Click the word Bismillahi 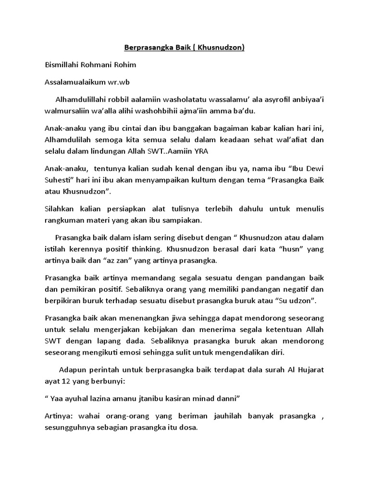click(63, 65)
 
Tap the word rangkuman click(65, 220)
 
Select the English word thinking click(145, 250)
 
